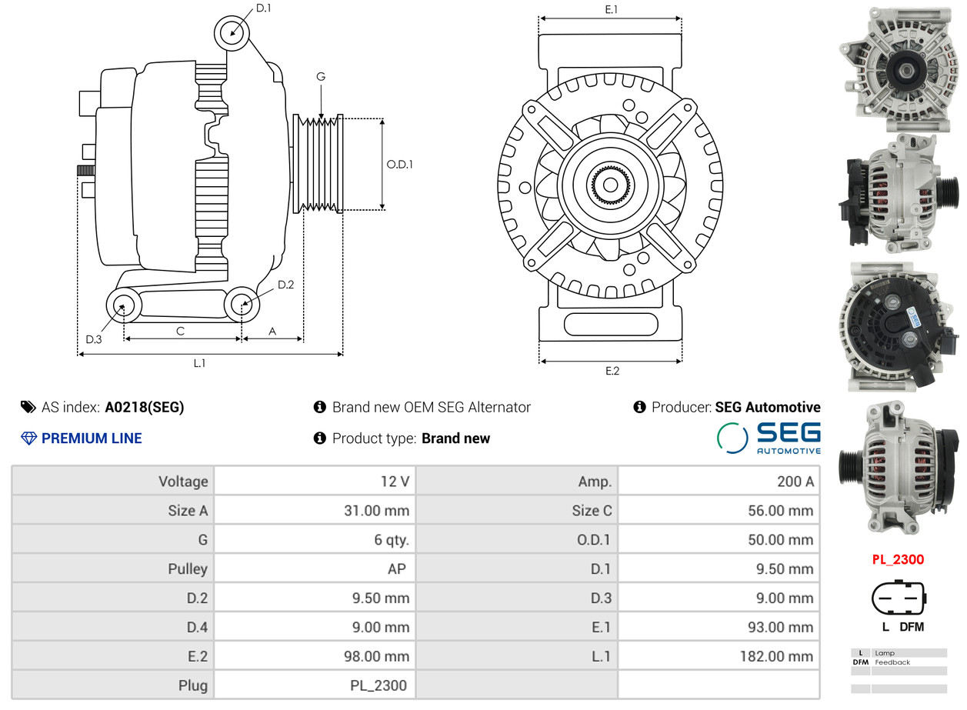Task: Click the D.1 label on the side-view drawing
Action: coord(263,8)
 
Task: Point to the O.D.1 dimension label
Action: coord(400,165)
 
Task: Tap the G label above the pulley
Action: coord(321,76)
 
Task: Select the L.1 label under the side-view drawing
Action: coord(199,363)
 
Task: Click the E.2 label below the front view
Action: coord(612,371)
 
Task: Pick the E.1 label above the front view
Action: coord(612,9)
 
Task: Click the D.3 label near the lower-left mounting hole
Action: coord(94,340)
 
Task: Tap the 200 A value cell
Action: coord(719,482)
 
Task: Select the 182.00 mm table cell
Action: coord(719,656)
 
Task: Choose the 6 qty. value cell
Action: coord(315,539)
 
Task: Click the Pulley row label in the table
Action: coord(188,569)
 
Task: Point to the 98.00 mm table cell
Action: coord(315,656)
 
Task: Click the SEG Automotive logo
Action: coord(769,438)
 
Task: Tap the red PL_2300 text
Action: coord(898,560)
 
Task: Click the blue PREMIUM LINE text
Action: coord(92,438)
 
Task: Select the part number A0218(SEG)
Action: coord(145,407)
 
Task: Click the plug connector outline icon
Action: coord(899,598)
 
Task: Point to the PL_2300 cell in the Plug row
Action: coord(315,685)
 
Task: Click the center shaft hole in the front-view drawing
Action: coord(610,185)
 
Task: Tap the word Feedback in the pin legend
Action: coord(892,662)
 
